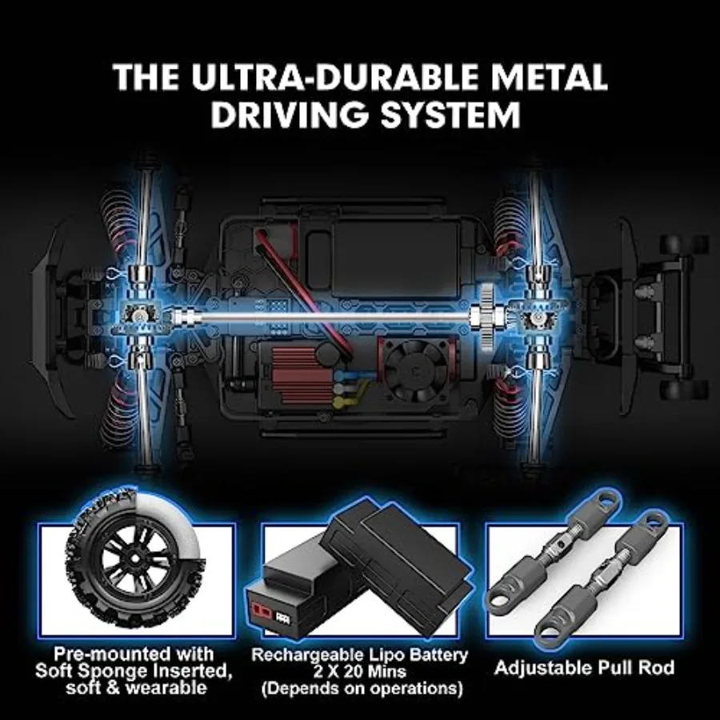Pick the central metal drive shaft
336,320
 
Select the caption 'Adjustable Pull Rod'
585,667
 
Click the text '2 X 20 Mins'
359,671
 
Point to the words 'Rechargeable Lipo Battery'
359,654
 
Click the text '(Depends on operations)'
359,689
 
